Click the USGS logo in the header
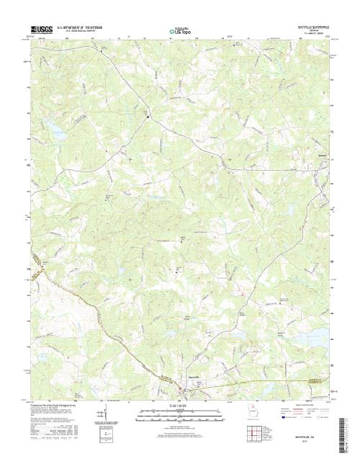pyautogui.click(x=35, y=27)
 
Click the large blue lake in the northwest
pyautogui.click(x=53, y=130)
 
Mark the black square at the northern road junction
pyautogui.click(x=148, y=117)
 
